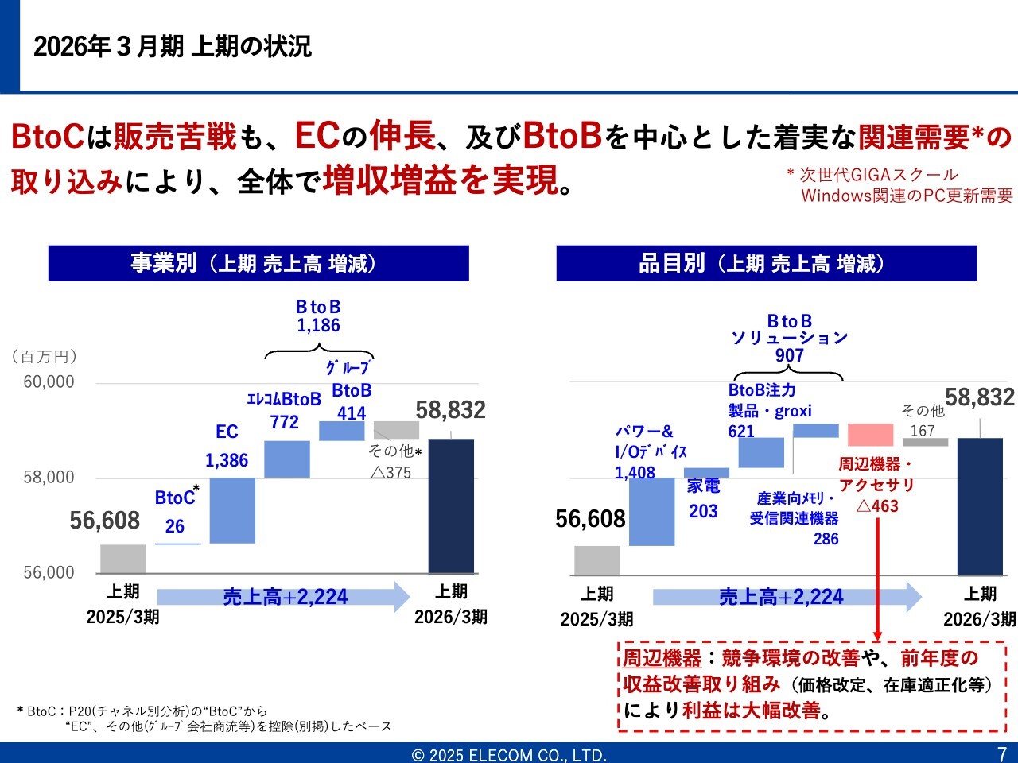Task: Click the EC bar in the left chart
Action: tap(232, 510)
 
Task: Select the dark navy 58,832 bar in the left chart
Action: tap(451, 505)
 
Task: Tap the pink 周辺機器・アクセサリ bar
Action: tap(870, 435)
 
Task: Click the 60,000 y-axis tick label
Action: tap(49, 382)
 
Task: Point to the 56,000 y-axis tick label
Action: tap(49, 573)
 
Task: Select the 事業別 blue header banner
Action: tap(258, 263)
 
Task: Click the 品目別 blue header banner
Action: tap(766, 263)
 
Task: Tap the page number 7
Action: tap(1002, 753)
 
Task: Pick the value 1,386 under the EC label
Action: tap(227, 460)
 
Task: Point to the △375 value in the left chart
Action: tap(390, 473)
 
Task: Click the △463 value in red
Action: tap(877, 506)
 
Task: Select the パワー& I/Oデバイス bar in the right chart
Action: tap(651, 511)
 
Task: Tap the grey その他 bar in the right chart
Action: tap(925, 442)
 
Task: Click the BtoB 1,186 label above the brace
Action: tap(318, 316)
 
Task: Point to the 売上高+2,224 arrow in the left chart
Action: tap(284, 597)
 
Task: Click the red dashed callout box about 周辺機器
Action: tap(812, 684)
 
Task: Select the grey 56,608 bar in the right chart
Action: tap(596, 560)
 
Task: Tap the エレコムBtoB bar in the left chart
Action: tap(287, 459)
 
